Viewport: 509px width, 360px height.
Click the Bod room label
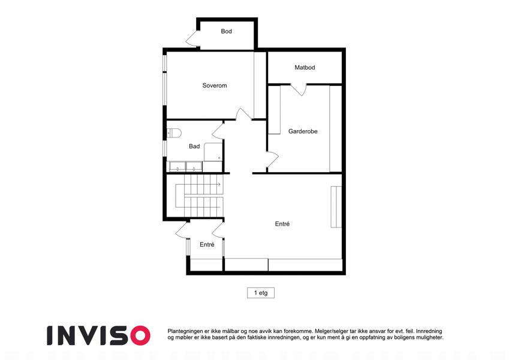(x=226, y=31)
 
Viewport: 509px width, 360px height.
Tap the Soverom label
(x=215, y=85)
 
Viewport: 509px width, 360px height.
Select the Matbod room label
(x=305, y=68)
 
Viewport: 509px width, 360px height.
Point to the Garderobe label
(x=303, y=131)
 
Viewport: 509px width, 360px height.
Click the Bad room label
(x=194, y=146)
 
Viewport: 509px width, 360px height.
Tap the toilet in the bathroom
(x=174, y=133)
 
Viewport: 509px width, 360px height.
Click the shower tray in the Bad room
(x=213, y=152)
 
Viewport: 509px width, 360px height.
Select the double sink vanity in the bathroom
(x=185, y=167)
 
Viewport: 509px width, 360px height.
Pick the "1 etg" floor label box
(x=261, y=293)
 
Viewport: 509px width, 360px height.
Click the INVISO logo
(x=99, y=335)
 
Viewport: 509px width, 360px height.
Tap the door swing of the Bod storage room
(x=192, y=38)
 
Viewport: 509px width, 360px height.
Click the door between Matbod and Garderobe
(x=299, y=89)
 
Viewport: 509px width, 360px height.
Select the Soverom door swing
(x=243, y=114)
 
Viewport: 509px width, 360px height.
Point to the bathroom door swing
(x=218, y=131)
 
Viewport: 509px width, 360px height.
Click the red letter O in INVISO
(x=140, y=335)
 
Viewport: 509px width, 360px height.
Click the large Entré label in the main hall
(x=282, y=224)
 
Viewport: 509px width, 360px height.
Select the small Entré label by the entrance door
(x=207, y=245)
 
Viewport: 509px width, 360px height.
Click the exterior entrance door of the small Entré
(x=182, y=230)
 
